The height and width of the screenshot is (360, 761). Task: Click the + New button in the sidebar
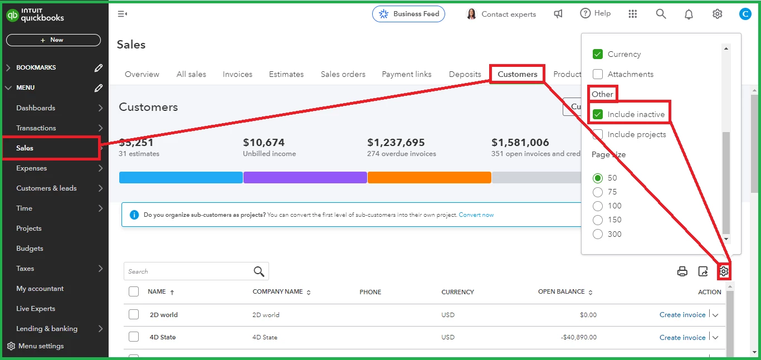[x=53, y=40]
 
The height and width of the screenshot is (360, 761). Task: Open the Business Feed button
[x=408, y=14]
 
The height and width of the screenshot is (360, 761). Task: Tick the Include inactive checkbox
[x=598, y=114]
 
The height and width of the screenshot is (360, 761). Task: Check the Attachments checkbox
[x=598, y=74]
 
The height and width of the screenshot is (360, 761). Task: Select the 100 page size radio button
[x=598, y=206]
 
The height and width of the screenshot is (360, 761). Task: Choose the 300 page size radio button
[x=598, y=234]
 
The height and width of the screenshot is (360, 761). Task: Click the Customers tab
[x=518, y=74]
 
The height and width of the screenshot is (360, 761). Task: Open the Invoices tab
[x=237, y=74]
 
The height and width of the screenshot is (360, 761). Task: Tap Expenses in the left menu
[x=32, y=168]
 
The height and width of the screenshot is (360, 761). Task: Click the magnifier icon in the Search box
[x=259, y=271]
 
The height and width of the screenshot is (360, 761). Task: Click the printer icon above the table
[x=682, y=271]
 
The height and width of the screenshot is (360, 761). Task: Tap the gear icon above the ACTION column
[x=724, y=271]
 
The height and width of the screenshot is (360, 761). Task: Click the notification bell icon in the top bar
[x=689, y=14]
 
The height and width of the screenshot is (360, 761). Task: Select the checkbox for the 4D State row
[x=134, y=337]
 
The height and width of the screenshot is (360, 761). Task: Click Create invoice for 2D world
[x=682, y=315]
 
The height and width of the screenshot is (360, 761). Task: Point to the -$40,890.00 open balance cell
[x=579, y=337]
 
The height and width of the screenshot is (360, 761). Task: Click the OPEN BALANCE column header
[x=561, y=291]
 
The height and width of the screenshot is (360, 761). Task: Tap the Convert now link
[x=476, y=215]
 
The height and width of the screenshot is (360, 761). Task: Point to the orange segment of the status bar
[x=429, y=177]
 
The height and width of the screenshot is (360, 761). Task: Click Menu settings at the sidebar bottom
[x=41, y=346]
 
